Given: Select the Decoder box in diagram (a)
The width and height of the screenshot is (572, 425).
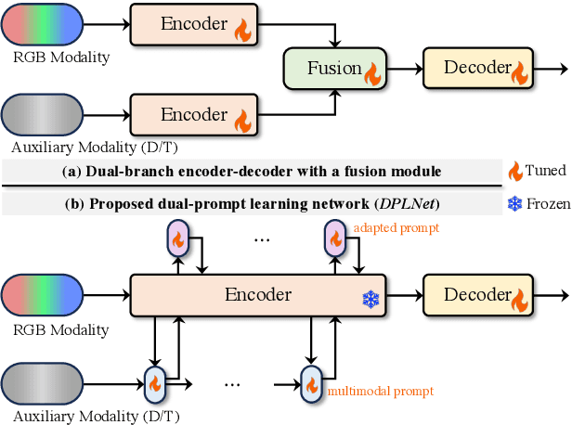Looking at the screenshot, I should coord(476,67).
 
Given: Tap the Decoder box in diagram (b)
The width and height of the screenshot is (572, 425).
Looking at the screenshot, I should coord(476,296).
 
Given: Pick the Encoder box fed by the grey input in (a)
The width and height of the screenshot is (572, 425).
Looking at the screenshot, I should coord(190,116).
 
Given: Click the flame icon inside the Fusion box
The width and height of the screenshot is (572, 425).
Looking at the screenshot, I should coord(373,73).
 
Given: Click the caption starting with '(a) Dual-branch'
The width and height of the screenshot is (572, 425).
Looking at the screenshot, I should coord(251,171).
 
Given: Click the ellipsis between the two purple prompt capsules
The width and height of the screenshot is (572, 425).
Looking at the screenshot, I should coord(263,239).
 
